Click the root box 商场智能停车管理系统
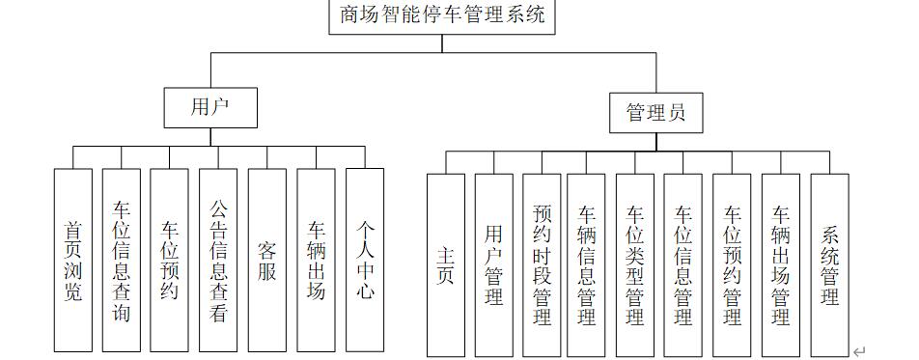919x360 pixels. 442,16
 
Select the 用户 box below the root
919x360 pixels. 210,107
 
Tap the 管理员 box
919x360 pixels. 656,113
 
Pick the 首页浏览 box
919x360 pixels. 73,260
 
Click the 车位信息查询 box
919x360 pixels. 123,260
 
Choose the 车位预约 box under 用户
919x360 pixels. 170,260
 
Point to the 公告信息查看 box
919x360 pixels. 219,260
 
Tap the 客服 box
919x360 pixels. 267,260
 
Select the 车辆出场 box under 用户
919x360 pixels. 317,260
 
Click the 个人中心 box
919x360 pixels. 365,260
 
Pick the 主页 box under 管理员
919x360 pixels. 446,265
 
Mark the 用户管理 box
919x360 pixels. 494,265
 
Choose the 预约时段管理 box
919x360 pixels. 542,265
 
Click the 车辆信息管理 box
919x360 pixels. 586,265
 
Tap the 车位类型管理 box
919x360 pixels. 635,265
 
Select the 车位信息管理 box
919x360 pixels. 683,265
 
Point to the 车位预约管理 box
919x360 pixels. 732,265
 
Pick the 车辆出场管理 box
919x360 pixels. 781,265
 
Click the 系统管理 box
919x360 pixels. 829,265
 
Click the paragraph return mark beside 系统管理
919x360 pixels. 859,352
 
